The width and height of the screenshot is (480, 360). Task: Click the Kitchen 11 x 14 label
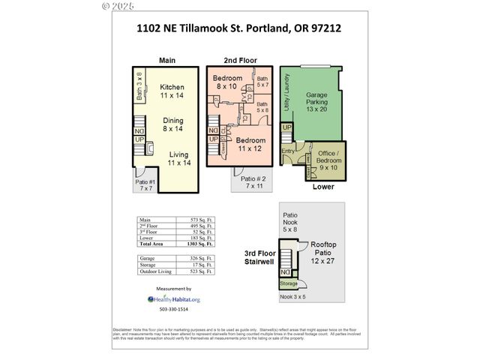pos(172,91)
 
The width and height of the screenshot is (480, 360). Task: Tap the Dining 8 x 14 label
pos(174,124)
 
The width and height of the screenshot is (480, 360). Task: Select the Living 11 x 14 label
pos(178,158)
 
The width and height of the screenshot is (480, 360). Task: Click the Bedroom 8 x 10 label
pos(227,82)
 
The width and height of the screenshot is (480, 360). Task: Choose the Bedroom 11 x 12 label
pos(251,145)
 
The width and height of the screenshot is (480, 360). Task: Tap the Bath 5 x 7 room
pos(262,82)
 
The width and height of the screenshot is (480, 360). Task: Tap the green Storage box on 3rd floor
pos(288,283)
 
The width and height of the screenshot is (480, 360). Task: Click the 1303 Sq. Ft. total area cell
pos(198,244)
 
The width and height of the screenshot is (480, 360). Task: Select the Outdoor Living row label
pos(155,271)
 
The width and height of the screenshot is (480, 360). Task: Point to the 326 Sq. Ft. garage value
pos(198,258)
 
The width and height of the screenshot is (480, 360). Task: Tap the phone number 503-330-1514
pos(173,309)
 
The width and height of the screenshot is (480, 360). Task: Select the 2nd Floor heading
pos(240,60)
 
